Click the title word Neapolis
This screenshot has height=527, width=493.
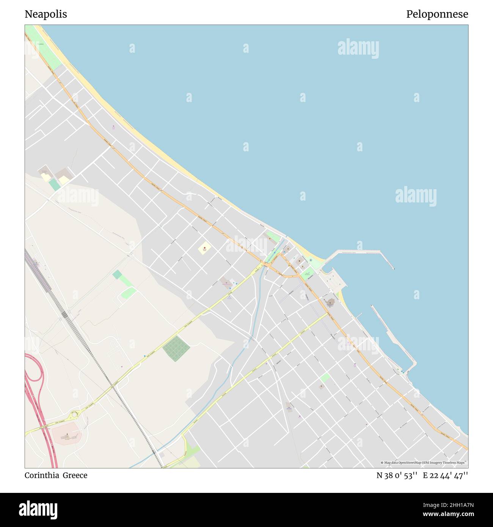46,14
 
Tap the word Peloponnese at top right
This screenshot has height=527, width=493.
437,14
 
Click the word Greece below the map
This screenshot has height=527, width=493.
75,475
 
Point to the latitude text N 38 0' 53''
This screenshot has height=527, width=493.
397,475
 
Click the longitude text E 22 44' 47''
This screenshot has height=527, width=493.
446,475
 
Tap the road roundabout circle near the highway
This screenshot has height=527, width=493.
74,414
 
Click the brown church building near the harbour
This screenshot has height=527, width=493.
330,303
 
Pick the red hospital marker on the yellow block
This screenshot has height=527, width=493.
205,248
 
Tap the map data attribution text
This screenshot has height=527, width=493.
424,463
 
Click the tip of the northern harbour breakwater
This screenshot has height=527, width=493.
393,268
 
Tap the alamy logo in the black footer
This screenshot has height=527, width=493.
38,510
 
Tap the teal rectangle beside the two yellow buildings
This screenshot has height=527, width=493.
55,185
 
